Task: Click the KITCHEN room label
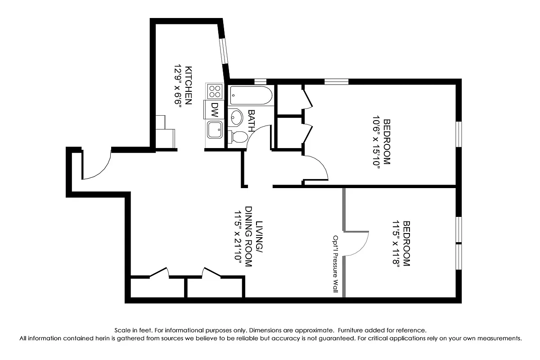[x=189, y=85]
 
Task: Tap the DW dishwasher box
[x=215, y=108]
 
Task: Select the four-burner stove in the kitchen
[x=215, y=91]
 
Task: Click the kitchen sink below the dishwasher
[x=214, y=130]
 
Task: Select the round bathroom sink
[x=235, y=118]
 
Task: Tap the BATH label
[x=251, y=120]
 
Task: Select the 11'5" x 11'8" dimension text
[x=396, y=243]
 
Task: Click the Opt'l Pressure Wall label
[x=335, y=264]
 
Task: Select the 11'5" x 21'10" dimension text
[x=237, y=238]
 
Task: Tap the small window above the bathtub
[x=260, y=81]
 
